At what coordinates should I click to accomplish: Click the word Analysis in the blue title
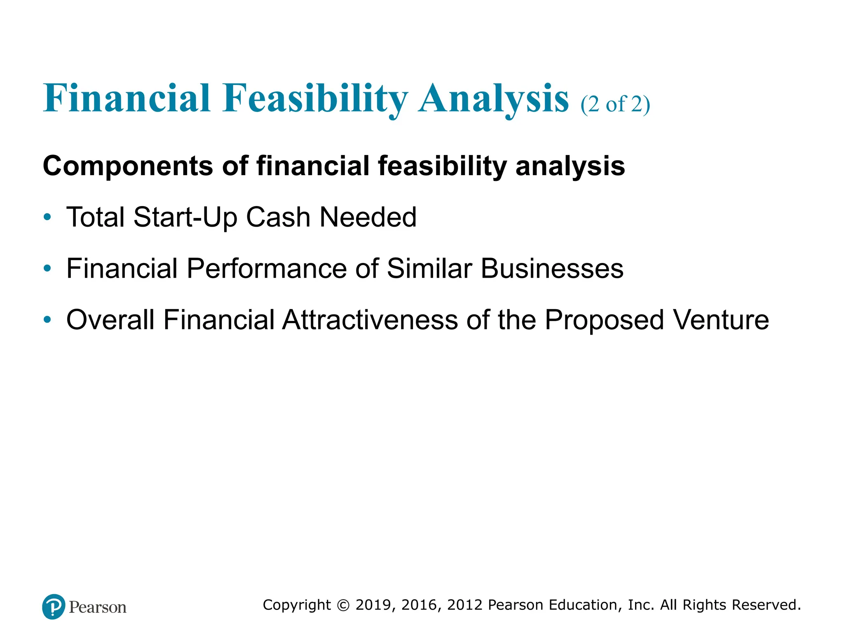[x=493, y=99]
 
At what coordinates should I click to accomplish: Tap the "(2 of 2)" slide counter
[x=615, y=104]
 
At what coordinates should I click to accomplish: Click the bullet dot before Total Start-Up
[x=47, y=217]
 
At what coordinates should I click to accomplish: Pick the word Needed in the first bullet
[x=368, y=217]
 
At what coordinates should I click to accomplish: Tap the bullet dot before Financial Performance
[x=47, y=268]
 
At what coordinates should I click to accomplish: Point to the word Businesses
[x=552, y=269]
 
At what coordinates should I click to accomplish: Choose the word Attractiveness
[x=370, y=320]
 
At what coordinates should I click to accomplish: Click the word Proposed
[x=604, y=321]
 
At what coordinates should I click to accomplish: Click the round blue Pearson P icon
[x=54, y=607]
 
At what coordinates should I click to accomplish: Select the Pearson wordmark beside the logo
[x=98, y=607]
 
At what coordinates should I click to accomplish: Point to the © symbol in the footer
[x=343, y=605]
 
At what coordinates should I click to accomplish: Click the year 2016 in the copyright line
[x=419, y=605]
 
